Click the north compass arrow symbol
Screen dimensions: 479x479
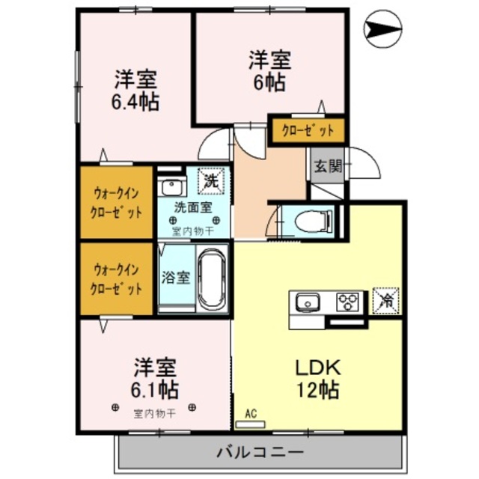tap(384, 30)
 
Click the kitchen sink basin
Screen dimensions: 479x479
tap(306, 302)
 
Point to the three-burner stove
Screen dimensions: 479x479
tap(349, 302)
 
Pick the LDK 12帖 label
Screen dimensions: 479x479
tap(317, 378)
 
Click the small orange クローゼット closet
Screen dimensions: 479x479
tap(307, 131)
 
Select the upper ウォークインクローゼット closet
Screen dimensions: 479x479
tap(118, 202)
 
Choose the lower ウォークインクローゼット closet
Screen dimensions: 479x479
tap(118, 278)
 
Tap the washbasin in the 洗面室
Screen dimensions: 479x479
tap(174, 187)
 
